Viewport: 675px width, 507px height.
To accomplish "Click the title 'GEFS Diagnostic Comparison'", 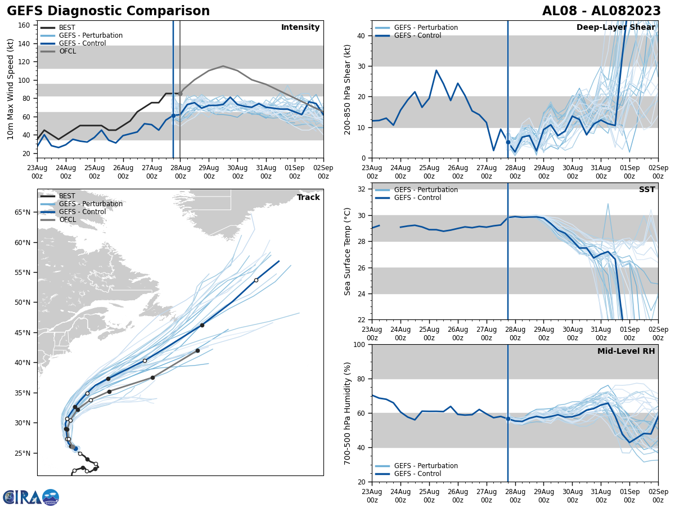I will click(108, 11).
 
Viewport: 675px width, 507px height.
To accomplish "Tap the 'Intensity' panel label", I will click(300, 28).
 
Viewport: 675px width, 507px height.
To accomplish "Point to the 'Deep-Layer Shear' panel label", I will click(615, 28).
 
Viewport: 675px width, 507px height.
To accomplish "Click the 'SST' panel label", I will click(646, 190).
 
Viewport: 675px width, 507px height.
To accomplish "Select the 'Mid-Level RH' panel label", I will click(625, 352).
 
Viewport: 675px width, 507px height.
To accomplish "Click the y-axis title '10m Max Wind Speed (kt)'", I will click(10, 89).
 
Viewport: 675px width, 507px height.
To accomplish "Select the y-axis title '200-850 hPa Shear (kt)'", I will click(348, 89).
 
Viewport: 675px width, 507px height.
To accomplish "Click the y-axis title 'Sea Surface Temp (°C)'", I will click(348, 251).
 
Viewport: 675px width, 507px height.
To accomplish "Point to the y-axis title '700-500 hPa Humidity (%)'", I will click(348, 413).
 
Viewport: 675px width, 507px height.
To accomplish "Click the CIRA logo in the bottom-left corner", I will click(30, 497).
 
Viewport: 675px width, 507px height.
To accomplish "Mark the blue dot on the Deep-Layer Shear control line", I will click(508, 142).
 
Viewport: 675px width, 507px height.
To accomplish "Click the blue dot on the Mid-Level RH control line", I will click(508, 419).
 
